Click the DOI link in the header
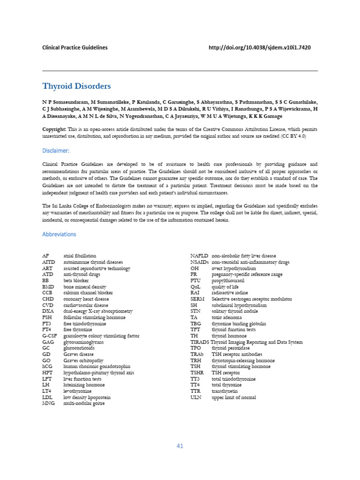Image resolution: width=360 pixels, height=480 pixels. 259,47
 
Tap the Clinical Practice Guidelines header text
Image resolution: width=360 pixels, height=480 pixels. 75,47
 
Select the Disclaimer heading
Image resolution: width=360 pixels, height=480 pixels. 56,150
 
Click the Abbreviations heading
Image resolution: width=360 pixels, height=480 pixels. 59,234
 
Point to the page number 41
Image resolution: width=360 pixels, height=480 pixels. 180,446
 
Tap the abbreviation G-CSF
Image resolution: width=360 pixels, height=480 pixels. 49,336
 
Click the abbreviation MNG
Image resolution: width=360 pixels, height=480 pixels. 48,403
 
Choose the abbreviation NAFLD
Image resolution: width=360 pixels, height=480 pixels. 199,256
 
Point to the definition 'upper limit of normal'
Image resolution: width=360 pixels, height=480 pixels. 233,397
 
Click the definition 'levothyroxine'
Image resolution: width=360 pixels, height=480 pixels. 77,391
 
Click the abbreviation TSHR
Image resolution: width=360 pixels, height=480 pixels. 197,373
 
